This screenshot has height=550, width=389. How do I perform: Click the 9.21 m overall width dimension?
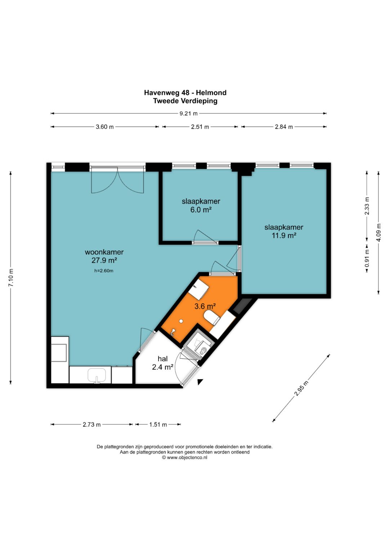coord(188,113)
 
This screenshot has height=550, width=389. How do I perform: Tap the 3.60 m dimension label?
coord(104,127)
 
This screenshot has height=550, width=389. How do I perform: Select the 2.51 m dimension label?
coord(200,127)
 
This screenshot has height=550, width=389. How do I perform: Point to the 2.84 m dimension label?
coord(284,127)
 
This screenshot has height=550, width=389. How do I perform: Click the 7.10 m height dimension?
coord(11,277)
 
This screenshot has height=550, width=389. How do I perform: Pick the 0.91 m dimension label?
coord(367,258)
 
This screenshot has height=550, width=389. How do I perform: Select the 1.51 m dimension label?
coord(158,425)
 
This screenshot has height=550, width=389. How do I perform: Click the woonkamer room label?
coord(104,252)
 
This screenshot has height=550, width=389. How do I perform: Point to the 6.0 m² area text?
coord(201,210)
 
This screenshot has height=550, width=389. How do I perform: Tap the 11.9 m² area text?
coord(284,236)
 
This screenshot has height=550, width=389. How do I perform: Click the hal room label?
coord(162,359)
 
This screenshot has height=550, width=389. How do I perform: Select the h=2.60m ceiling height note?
coord(104,271)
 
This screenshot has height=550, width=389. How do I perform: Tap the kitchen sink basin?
coord(97,375)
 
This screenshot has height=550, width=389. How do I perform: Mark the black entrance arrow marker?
coord(200,382)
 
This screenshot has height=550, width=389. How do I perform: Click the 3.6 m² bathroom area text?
coord(205,306)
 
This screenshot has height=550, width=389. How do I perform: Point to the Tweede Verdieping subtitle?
coord(185,101)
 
